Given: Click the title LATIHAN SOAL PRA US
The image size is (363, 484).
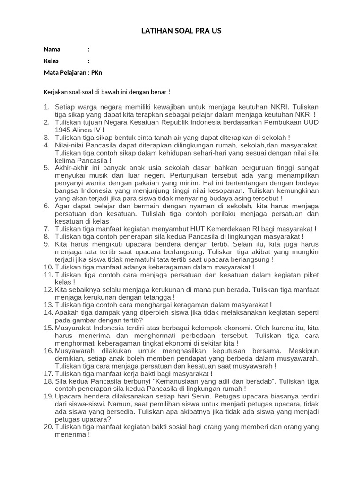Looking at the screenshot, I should point(181,31).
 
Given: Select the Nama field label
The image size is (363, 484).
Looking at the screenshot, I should point(52,49).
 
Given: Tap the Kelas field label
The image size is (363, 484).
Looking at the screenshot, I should point(52,61).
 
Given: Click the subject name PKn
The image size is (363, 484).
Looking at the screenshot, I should point(96,73).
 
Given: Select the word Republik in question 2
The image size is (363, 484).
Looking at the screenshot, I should point(169,122).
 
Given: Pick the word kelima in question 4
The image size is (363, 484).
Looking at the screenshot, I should point(66,160).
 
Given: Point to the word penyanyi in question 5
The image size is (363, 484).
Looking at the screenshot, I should point(69,183).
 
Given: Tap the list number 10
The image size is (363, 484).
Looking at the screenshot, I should point(48,267).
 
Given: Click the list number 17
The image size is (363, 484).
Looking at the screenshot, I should point(48,373).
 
